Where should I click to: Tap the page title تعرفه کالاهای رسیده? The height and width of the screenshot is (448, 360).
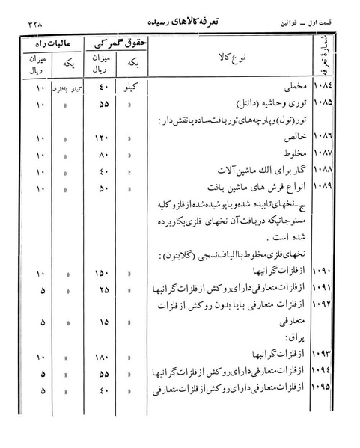185,22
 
